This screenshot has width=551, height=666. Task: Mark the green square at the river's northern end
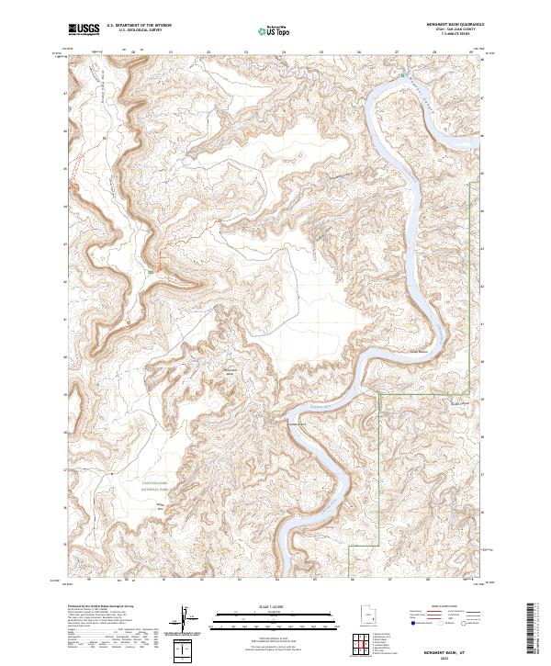[x=401, y=73]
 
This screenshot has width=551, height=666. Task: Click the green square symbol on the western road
[x=150, y=271]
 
